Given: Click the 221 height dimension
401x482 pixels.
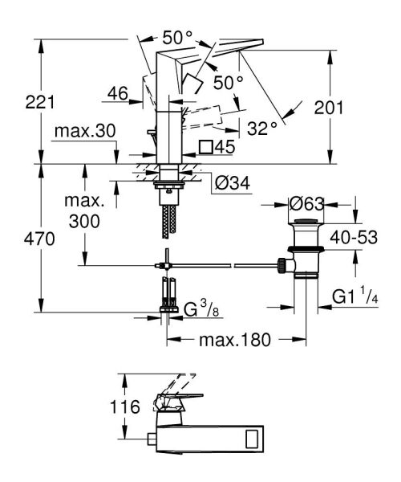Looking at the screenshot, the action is tap(40, 102).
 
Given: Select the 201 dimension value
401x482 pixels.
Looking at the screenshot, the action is tap(329, 108).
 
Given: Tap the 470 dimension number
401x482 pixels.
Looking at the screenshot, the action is tap(39, 239).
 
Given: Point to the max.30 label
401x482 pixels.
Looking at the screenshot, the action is tap(85, 131).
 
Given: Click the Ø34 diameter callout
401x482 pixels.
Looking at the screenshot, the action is tap(233, 183).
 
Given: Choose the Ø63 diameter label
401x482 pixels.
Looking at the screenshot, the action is tap(306, 204).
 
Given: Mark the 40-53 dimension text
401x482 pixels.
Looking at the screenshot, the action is tap(354, 237).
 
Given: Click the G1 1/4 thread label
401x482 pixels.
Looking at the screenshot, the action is tap(355, 296).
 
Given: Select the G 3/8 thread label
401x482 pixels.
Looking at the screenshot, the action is tap(201, 309).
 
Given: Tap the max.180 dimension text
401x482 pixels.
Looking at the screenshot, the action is tap(235, 340).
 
